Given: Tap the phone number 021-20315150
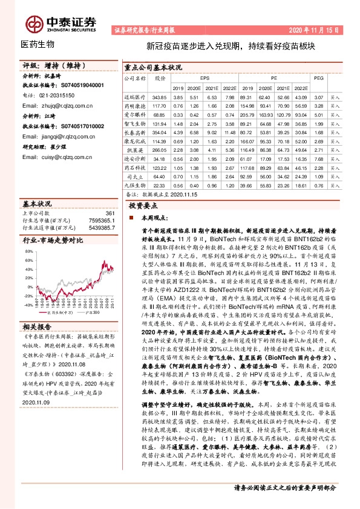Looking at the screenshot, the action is [53, 95].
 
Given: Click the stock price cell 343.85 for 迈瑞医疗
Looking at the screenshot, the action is [160, 97].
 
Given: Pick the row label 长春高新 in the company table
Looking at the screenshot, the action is [136, 131].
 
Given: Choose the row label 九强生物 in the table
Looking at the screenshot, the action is [136, 185].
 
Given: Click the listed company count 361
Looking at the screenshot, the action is [110, 213].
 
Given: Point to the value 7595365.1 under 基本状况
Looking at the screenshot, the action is [100, 221].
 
